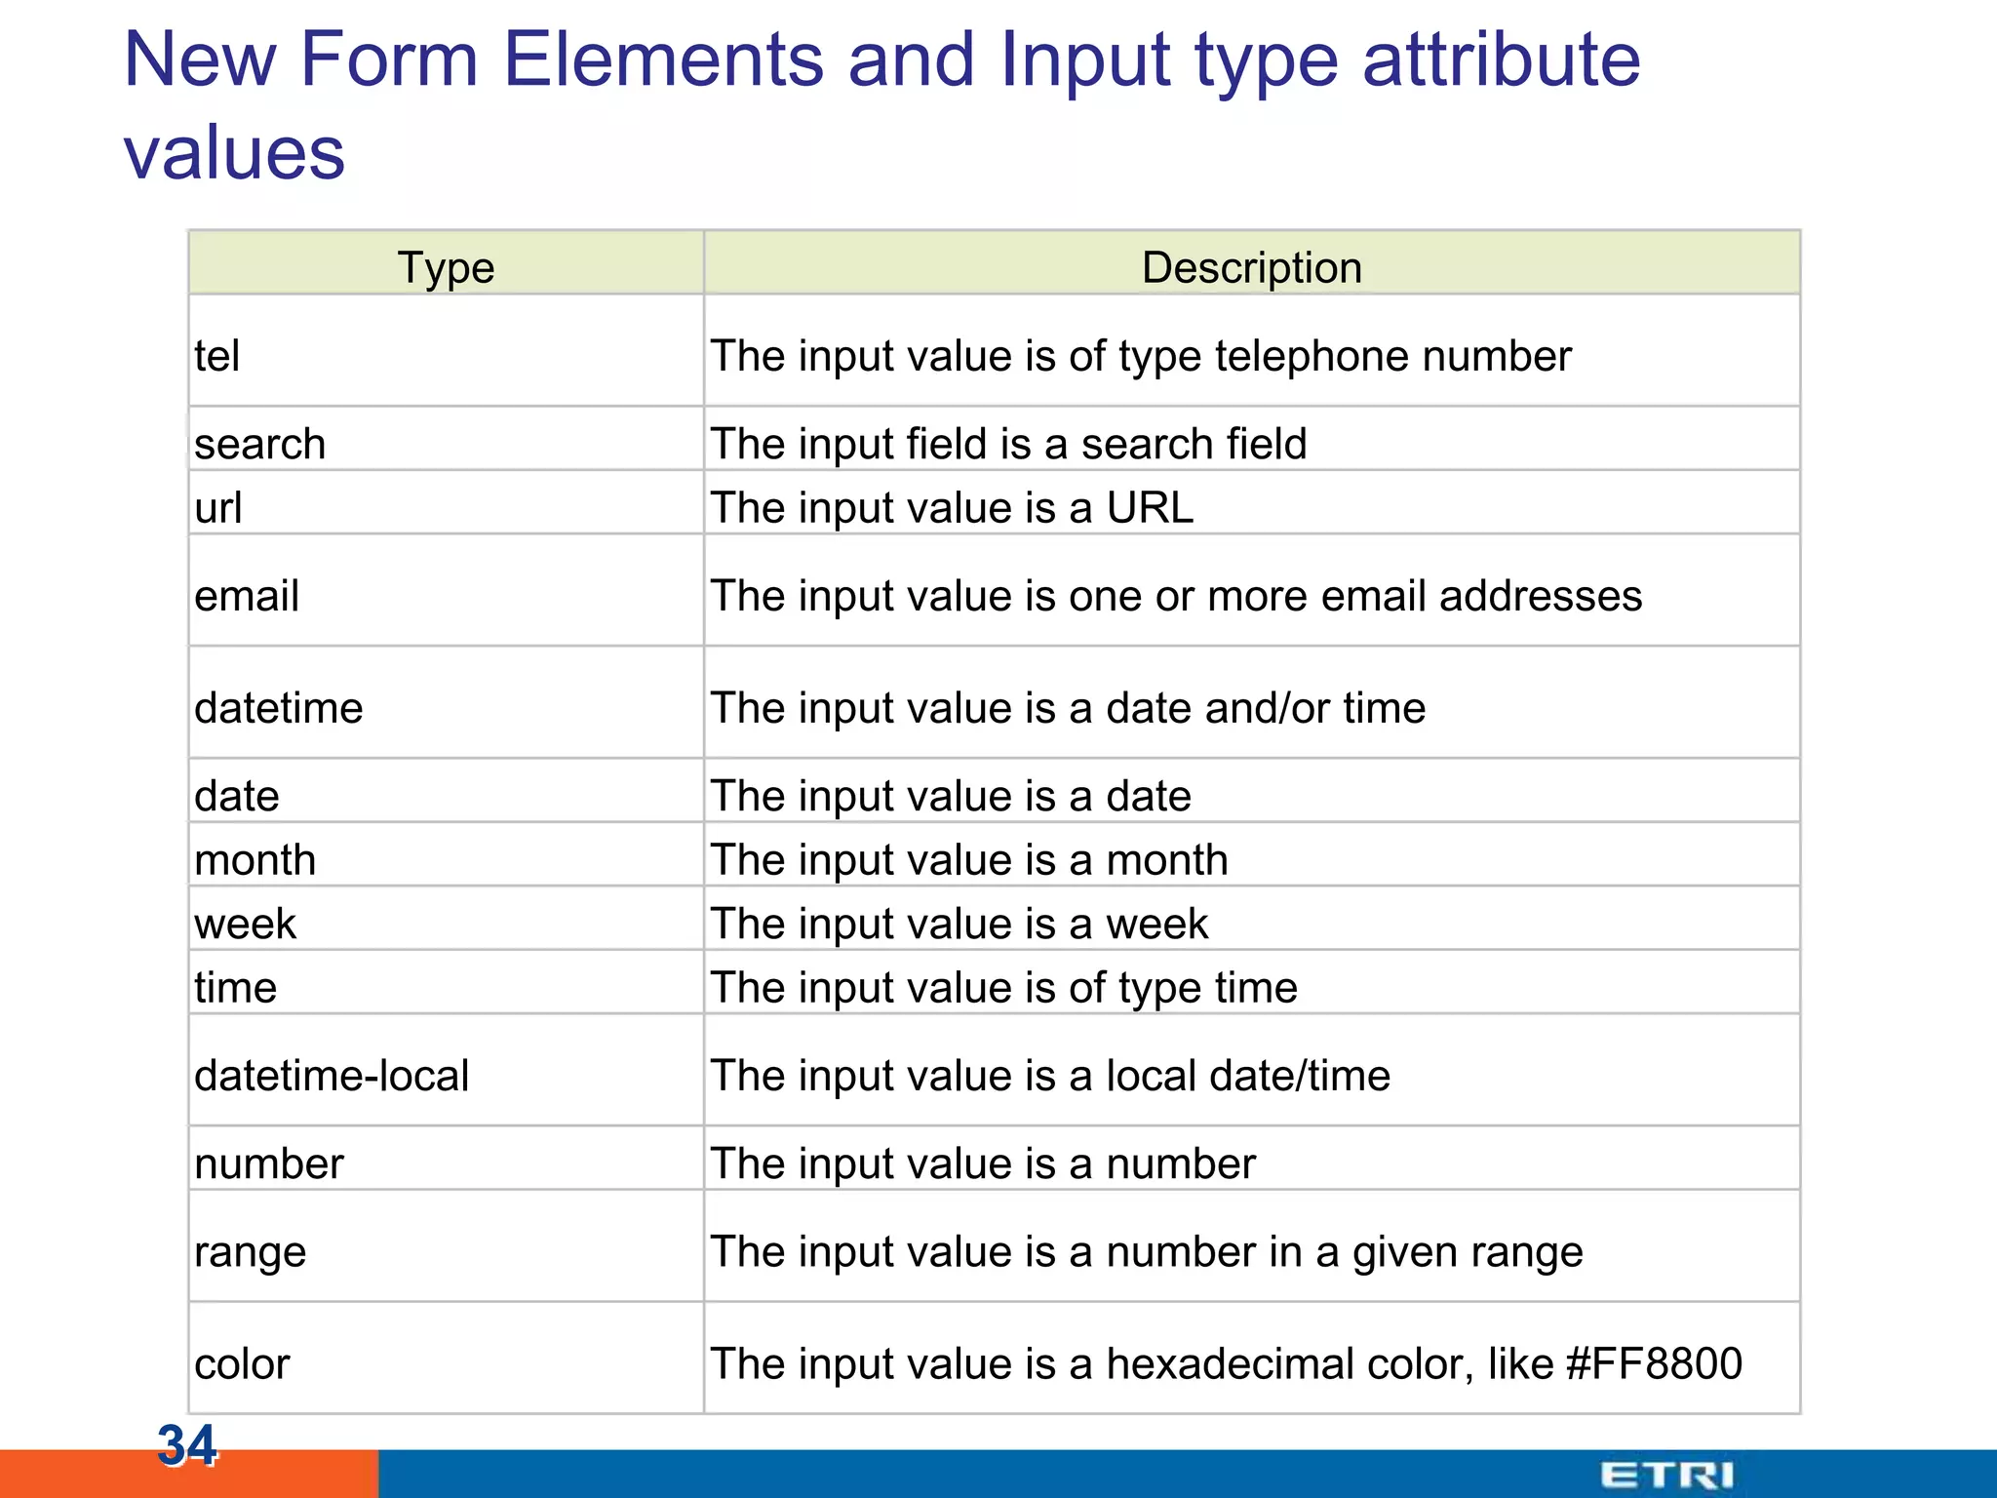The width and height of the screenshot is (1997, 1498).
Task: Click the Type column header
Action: coord(446,267)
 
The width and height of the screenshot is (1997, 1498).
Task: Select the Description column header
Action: coord(1251,267)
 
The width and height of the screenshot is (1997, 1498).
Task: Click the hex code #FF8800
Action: coord(1654,1363)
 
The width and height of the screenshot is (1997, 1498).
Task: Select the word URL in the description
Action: coord(1150,507)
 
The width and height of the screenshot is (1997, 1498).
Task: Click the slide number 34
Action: coord(186,1444)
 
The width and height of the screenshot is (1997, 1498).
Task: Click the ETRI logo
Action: coord(1666,1475)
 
